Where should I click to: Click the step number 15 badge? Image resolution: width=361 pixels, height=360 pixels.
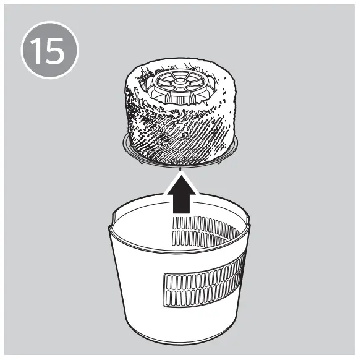[x=49, y=52]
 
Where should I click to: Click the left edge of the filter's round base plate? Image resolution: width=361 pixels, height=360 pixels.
[x=122, y=143]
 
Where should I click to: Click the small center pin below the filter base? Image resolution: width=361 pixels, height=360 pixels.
[x=180, y=167]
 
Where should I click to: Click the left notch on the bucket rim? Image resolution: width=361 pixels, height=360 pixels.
[x=113, y=218]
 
